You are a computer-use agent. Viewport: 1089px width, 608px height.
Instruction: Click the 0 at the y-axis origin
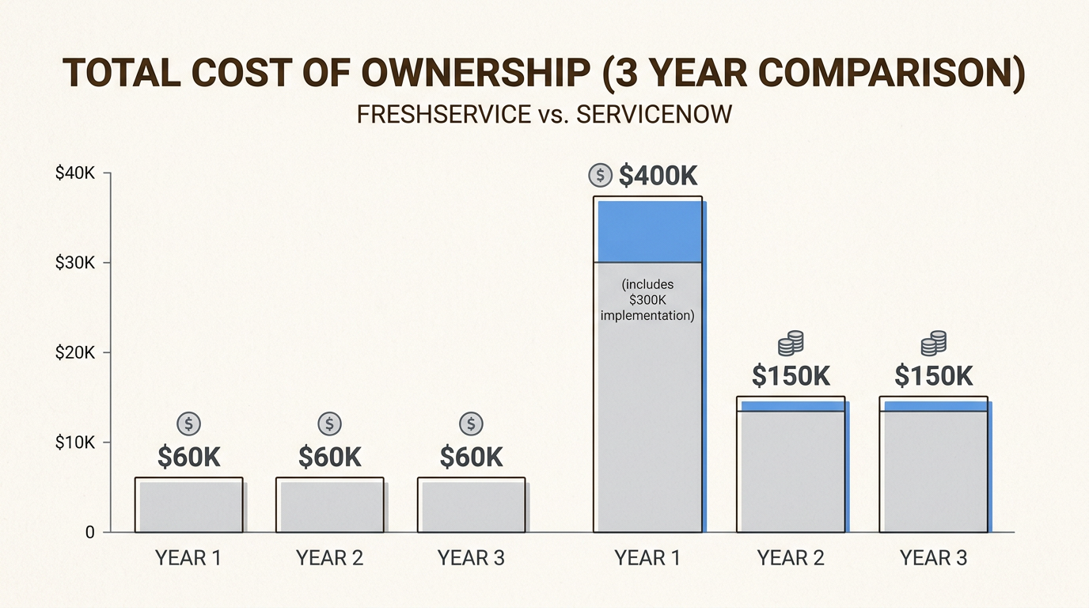point(89,533)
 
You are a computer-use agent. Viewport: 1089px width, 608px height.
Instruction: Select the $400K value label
point(658,176)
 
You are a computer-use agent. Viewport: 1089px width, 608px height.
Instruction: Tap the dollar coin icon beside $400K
point(601,175)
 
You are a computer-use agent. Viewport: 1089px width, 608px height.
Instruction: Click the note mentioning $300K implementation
point(647,300)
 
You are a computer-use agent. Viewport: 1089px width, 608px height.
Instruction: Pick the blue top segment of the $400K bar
point(649,231)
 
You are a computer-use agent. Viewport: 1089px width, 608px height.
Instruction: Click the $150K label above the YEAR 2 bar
point(791,376)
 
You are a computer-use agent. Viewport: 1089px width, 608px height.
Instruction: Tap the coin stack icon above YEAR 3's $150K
point(934,344)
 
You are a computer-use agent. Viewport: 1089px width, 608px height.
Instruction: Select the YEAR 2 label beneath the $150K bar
point(791,558)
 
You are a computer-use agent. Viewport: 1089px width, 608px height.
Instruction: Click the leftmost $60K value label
point(188,458)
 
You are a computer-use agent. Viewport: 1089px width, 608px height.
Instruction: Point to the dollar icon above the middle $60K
point(329,424)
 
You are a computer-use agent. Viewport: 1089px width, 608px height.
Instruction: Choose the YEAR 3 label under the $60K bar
point(471,558)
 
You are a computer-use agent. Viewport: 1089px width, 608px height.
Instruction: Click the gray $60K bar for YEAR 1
point(188,506)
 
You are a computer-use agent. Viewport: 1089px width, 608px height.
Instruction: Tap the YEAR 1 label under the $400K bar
point(647,558)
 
